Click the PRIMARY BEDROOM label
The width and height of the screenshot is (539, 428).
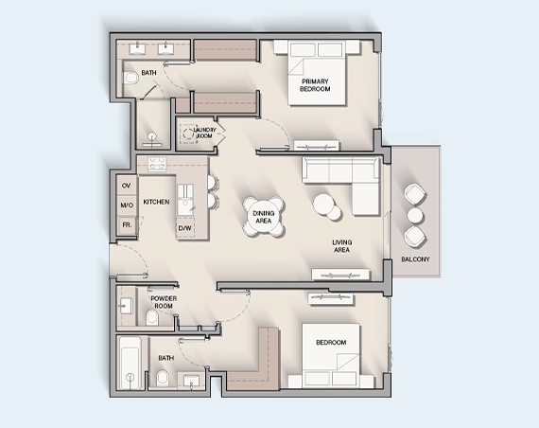click(x=316, y=85)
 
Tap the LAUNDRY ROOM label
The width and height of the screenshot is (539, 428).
click(x=204, y=133)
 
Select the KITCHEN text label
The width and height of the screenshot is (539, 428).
click(x=156, y=203)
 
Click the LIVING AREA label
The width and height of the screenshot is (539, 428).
click(x=342, y=246)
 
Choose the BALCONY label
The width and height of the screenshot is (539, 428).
click(x=415, y=259)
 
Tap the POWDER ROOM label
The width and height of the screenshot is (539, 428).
click(x=165, y=302)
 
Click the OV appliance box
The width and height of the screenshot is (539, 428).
click(x=126, y=185)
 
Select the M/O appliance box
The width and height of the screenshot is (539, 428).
click(x=126, y=205)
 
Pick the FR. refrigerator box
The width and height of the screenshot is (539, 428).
click(x=126, y=224)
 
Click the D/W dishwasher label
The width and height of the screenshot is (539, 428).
click(x=185, y=227)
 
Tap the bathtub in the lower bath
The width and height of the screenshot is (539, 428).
click(x=130, y=364)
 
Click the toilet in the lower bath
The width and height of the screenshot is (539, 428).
click(x=162, y=380)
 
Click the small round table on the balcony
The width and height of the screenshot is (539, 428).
click(x=413, y=215)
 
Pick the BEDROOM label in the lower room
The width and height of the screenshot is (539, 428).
click(x=331, y=342)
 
